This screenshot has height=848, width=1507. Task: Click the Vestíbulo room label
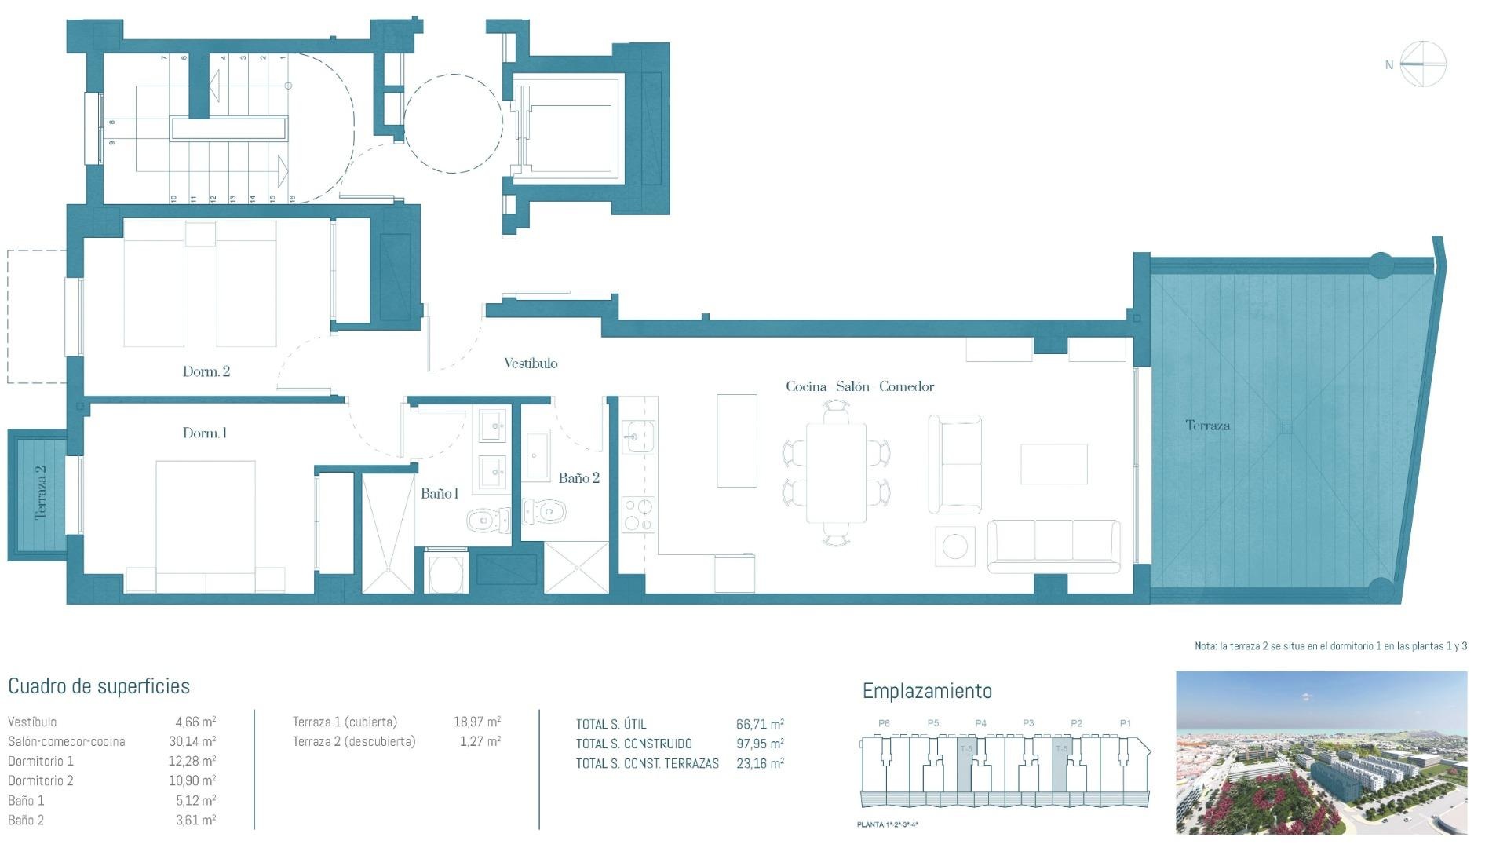point(531,363)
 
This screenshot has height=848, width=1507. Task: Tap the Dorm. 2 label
point(206,371)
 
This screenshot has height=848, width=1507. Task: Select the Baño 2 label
point(578,477)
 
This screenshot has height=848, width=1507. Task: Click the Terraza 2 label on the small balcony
point(41,492)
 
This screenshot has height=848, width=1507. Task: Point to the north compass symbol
point(1422,64)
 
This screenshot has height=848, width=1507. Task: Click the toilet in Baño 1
point(482,519)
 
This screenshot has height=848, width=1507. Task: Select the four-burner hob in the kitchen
point(638,515)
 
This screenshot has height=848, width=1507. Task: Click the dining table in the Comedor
point(836,473)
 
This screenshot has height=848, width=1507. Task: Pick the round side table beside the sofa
point(954,546)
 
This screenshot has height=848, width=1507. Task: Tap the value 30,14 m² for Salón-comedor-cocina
point(195,741)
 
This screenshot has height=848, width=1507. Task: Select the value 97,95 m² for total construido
point(759,744)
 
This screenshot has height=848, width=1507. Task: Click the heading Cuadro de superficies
point(99,686)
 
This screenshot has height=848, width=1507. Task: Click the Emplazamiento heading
point(927,691)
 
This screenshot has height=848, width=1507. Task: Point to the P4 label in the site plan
point(980,723)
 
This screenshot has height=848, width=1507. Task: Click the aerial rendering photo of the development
point(1321,752)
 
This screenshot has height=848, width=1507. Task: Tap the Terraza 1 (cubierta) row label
point(345,722)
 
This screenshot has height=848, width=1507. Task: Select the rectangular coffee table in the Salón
point(1053,464)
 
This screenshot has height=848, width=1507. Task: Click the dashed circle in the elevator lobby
point(453,123)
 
